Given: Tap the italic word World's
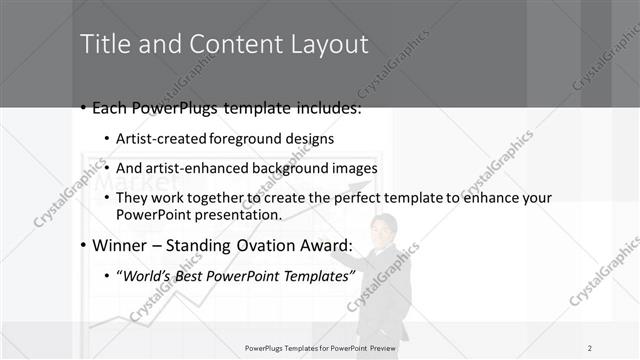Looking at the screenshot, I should [150, 276].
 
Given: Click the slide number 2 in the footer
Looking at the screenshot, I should [589, 347].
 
